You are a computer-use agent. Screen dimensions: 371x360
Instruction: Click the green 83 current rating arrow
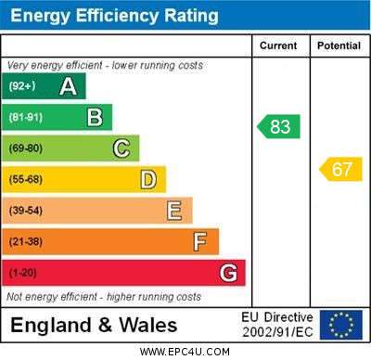coord(278,126)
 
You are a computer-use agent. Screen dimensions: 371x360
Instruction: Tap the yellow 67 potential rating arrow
coord(340,169)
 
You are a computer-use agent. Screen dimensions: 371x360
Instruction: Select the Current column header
coord(278,45)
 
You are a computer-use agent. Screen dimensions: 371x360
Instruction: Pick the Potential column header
coord(339,45)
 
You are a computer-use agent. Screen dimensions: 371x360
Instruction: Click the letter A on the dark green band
coord(68,86)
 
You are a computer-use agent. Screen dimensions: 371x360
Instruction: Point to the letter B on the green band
coord(95,117)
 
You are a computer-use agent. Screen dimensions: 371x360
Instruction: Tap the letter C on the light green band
coord(122,148)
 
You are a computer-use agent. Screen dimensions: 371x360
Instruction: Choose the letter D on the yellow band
coord(148,180)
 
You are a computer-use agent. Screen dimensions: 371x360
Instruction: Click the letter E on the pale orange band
coord(174,211)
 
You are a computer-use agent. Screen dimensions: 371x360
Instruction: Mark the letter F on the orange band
coord(200,241)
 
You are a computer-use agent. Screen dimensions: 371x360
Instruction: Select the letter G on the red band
coord(228,273)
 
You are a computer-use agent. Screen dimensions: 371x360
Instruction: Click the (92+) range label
coord(22,85)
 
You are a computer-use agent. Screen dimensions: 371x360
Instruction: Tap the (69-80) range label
coord(26,148)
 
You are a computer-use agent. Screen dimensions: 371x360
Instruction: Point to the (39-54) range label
coord(26,211)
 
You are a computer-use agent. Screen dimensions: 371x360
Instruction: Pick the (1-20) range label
coord(23,273)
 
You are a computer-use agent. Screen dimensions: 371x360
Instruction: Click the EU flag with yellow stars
coord(341,325)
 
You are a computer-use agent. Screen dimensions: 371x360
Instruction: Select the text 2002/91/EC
coord(277,332)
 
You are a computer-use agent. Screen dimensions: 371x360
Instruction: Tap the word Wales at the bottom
coord(148,326)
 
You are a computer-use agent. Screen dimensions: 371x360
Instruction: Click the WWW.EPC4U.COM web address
coord(185,352)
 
